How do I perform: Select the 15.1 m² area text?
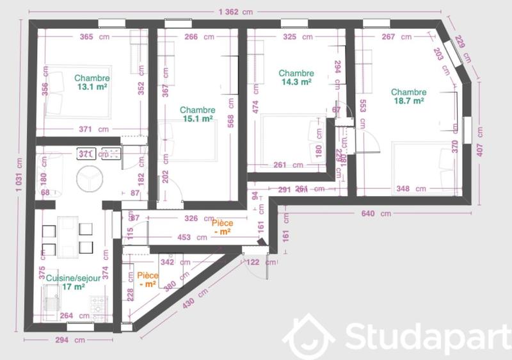coord(196,119)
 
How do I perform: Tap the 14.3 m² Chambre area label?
coord(296,82)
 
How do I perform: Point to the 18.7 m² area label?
coord(408,101)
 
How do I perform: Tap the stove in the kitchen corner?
coord(98,307)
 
